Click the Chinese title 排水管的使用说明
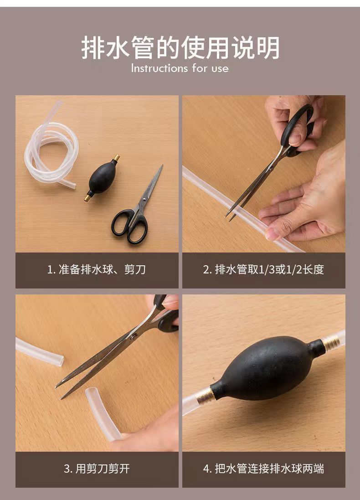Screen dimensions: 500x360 pyautogui.click(x=180, y=48)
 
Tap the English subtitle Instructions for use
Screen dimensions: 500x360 pyautogui.click(x=180, y=69)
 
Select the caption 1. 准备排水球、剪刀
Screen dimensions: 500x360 pyautogui.click(x=97, y=269)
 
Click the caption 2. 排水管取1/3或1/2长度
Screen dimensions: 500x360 pyautogui.click(x=263, y=269)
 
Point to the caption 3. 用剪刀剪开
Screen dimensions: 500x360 pyautogui.click(x=97, y=468)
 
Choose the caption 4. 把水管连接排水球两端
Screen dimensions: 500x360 pyautogui.click(x=263, y=468)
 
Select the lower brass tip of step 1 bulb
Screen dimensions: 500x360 pyautogui.click(x=87, y=197)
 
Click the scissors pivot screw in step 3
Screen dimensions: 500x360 pyautogui.click(x=133, y=337)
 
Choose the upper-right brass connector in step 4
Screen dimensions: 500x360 pyautogui.click(x=331, y=343)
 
